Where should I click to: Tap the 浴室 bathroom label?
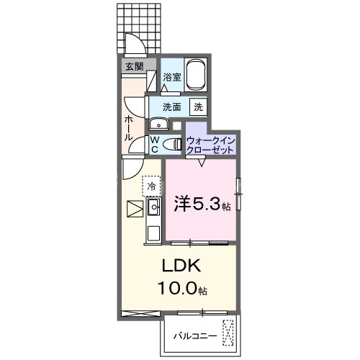click(171, 76)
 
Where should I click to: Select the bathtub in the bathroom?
click(195, 73)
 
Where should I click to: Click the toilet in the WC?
click(173, 145)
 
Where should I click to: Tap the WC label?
click(153, 145)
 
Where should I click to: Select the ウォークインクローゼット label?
click(210, 144)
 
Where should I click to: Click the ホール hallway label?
click(128, 127)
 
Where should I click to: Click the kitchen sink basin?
click(153, 209)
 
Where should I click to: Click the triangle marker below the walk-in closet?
click(202, 163)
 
